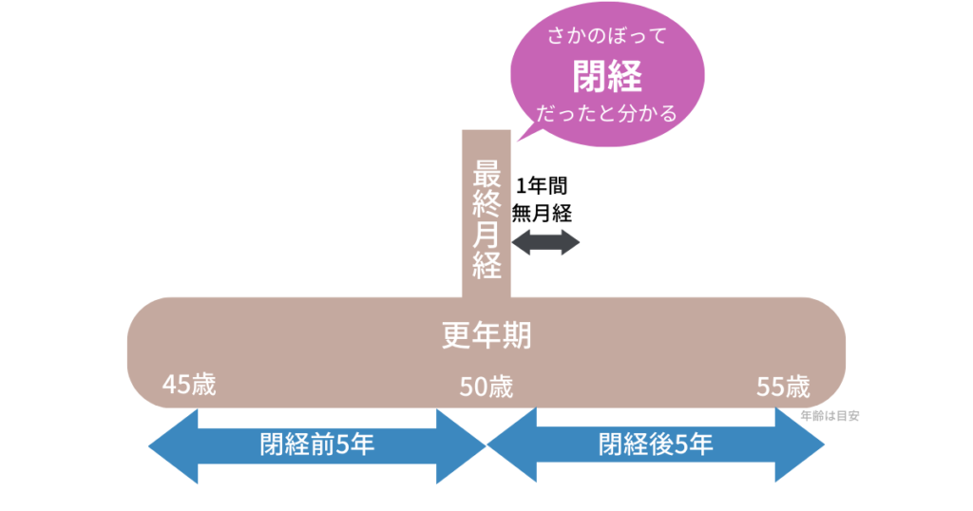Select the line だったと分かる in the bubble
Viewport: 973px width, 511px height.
pos(605,114)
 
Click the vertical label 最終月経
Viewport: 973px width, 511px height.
pos(486,219)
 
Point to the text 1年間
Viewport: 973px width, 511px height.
pos(542,185)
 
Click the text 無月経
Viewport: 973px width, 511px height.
pos(542,213)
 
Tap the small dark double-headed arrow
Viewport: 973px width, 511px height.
pos(544,242)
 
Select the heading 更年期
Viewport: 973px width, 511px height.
pos(486,335)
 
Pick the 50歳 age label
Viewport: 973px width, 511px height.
pos(486,387)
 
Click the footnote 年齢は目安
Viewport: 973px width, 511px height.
pos(830,415)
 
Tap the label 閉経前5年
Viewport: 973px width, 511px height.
pos(316,445)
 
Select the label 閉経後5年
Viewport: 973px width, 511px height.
pos(656,445)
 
